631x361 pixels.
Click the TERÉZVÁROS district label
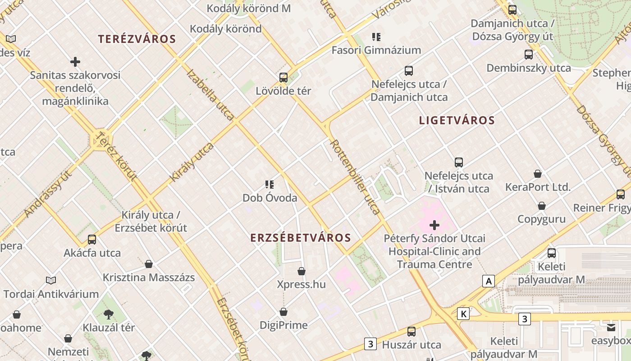point(137,39)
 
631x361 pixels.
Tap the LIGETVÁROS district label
point(457,120)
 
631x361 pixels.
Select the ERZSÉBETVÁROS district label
point(301,238)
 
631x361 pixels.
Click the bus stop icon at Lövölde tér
point(283,77)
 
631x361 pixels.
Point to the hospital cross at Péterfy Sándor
point(434,225)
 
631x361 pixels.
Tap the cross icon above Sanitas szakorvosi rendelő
point(75,61)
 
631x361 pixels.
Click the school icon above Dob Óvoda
point(270,184)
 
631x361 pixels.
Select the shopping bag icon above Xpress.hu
point(302,271)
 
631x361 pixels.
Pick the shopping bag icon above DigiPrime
point(283,312)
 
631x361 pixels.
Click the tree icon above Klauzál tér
point(108,314)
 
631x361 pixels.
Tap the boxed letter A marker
point(488,281)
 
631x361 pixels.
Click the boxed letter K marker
point(463,314)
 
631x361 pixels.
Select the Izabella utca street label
point(210,95)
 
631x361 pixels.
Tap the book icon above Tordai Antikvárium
point(51,281)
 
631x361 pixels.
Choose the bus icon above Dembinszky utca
point(529,55)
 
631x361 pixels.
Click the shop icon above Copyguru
point(542,206)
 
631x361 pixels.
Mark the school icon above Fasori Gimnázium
point(376,37)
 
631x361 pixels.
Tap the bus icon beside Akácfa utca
point(92,239)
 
